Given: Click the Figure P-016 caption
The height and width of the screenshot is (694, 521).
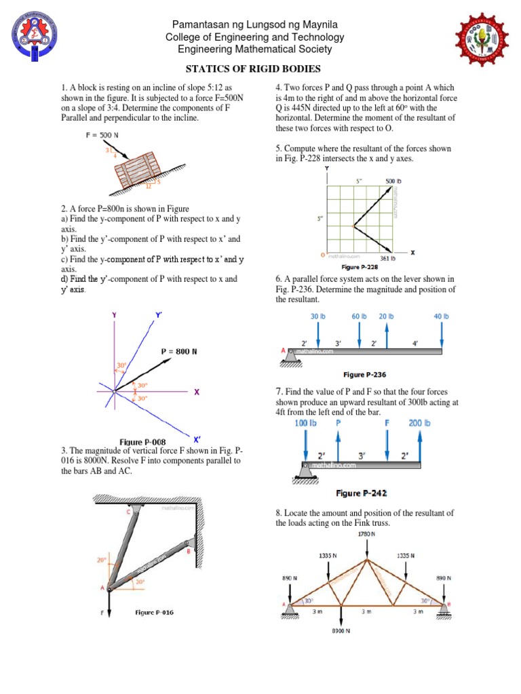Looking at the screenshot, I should (x=154, y=612).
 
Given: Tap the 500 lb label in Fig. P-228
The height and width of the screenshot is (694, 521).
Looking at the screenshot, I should (x=394, y=182).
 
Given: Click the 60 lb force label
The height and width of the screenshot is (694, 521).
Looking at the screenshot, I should (x=359, y=316).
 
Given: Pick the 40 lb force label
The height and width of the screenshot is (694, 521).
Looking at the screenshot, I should (x=441, y=316).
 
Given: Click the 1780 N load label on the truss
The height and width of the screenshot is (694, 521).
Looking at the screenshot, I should (x=366, y=534).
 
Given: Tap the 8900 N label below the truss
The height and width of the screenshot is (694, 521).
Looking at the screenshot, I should (x=341, y=631).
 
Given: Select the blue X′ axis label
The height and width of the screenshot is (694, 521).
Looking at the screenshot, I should (x=197, y=437).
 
